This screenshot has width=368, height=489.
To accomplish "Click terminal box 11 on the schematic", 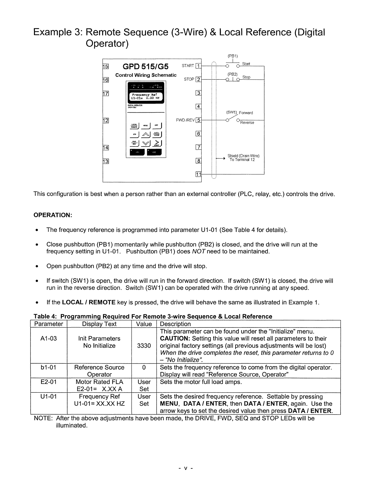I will point(199,174).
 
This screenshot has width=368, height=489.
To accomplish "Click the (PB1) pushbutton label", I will point(232,56).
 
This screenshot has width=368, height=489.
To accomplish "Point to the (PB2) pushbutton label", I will point(232,74).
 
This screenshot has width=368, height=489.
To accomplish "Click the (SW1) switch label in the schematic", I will point(231,112).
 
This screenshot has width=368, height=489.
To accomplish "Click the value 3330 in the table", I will point(144,346).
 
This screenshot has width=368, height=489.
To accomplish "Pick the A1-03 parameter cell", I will point(49,338).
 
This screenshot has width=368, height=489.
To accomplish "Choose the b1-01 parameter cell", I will point(49,367).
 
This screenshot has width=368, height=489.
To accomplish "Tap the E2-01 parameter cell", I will point(49,382).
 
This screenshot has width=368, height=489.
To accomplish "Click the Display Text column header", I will point(99,324).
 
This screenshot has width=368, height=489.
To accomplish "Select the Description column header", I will point(175,324).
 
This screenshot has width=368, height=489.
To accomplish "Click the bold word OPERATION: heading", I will point(53,215).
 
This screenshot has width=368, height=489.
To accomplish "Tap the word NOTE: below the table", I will point(43,418).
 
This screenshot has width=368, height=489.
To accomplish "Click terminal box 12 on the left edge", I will point(105,120).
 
